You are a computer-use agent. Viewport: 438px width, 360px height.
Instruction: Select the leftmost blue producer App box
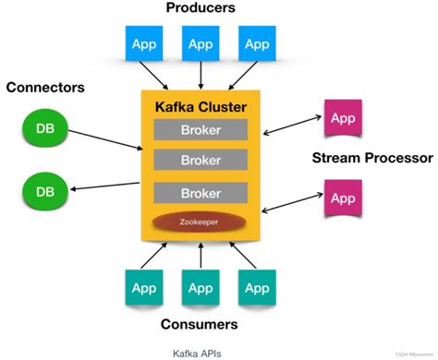[144, 42]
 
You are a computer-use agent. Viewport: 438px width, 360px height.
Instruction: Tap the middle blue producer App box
[201, 42]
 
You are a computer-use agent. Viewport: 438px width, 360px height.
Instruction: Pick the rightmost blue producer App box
[257, 42]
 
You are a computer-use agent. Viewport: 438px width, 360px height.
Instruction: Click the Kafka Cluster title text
[200, 107]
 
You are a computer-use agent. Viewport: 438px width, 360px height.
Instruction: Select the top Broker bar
[200, 130]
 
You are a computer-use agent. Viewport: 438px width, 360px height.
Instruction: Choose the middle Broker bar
[200, 161]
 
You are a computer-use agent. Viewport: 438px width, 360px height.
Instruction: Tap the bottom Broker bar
[200, 193]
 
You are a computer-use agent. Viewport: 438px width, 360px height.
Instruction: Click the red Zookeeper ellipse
[200, 222]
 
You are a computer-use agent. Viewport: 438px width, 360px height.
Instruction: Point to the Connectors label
[44, 88]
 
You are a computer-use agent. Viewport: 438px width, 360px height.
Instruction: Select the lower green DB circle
[44, 192]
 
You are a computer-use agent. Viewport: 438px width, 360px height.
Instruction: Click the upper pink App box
[342, 120]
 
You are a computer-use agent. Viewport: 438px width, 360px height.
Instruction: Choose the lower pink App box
[342, 198]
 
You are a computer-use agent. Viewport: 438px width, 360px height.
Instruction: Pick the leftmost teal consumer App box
[144, 286]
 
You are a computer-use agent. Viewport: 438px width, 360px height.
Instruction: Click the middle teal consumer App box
[201, 286]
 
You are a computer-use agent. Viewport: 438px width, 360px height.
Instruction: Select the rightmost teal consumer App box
[257, 286]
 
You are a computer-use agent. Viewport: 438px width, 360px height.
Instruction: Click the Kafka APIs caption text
[196, 352]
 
